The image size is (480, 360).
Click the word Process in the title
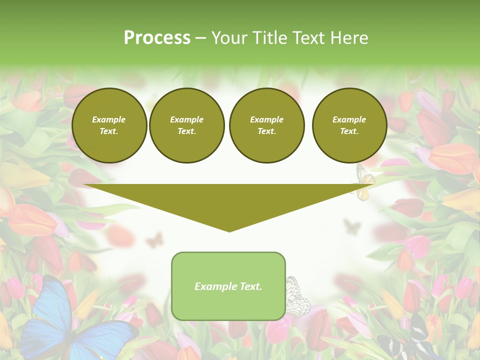tap(157, 38)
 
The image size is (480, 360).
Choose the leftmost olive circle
tap(109, 125)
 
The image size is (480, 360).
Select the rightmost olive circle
tap(349, 125)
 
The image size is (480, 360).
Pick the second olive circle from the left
tap(187, 125)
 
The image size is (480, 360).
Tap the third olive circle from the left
tap(267, 125)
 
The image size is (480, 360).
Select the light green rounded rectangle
tap(228, 286)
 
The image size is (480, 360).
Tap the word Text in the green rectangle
tap(250, 286)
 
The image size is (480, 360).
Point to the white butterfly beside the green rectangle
tap(298, 296)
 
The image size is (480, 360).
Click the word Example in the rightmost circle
tap(349, 119)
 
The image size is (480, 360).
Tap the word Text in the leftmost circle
tap(109, 131)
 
